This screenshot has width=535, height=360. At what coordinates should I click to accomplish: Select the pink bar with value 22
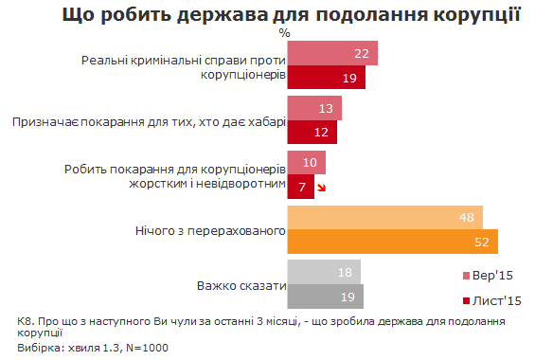[331, 54]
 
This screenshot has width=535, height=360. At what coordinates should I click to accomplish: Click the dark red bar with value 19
[327, 78]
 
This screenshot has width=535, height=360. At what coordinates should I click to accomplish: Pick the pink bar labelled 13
[313, 108]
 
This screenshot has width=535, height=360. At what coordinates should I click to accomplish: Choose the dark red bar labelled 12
[312, 132]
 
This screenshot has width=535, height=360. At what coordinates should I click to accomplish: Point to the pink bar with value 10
[306, 163]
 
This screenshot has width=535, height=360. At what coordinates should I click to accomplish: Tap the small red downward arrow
[322, 188]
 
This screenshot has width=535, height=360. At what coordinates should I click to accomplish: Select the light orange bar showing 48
[384, 218]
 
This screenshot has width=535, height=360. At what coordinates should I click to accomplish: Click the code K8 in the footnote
[25, 321]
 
